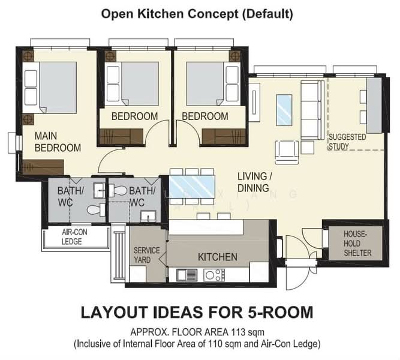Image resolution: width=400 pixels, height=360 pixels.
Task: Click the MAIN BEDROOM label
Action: coord(58,142)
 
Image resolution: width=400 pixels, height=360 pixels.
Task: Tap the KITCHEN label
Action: coord(218,257)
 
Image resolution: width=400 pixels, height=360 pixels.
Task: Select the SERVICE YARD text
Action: coord(147,255)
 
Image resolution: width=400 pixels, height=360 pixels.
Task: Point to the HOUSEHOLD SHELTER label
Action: coord(357,244)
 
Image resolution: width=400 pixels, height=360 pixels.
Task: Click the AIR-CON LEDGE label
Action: coord(74,236)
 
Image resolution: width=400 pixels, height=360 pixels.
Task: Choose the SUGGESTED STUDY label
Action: coord(347,142)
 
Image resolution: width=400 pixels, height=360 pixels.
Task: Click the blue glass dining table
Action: coord(192,187)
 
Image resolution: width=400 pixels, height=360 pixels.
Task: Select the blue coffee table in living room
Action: coord(284,110)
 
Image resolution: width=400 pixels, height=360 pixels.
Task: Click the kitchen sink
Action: coord(187,275)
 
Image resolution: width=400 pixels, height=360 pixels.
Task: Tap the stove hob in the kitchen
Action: coord(214,275)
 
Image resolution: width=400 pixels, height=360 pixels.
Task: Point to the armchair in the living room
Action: coord(287,152)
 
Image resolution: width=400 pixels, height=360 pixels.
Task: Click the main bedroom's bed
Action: coord(50,88)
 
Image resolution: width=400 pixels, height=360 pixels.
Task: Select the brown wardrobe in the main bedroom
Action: coord(43,167)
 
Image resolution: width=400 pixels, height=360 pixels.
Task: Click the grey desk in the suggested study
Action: coord(374,106)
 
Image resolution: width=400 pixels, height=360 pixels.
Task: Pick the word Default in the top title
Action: coord(267,14)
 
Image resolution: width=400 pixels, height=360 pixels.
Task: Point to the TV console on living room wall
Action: coord(254,103)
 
